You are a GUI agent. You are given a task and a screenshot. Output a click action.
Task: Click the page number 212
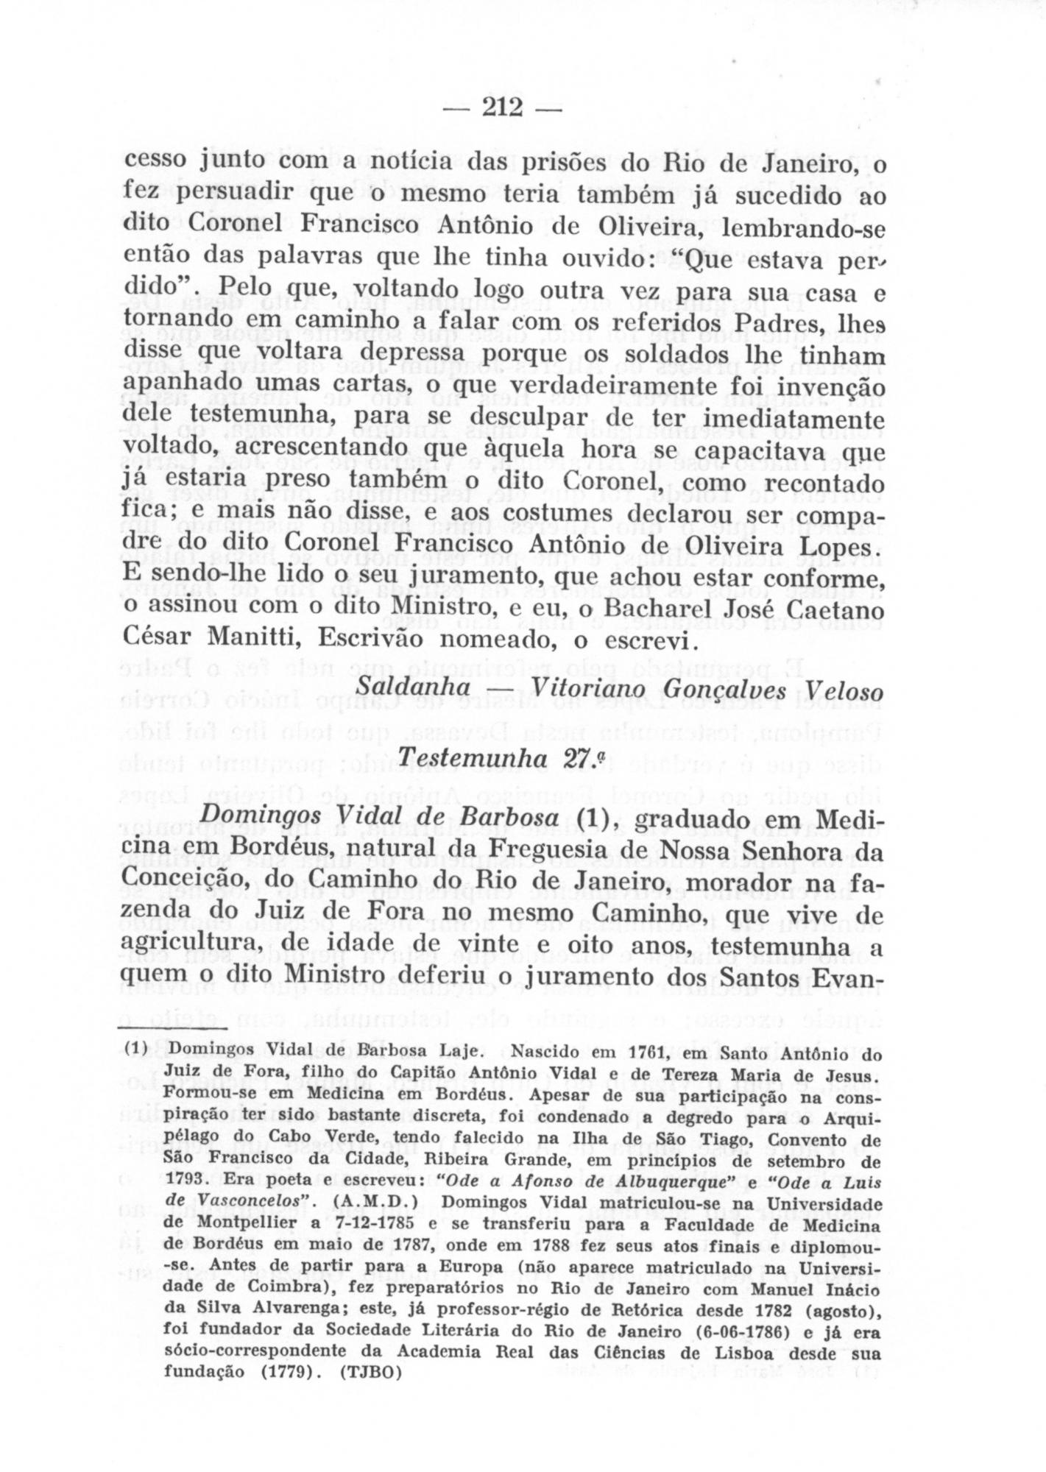click(502, 108)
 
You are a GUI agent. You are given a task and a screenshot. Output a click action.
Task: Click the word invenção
click(829, 386)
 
